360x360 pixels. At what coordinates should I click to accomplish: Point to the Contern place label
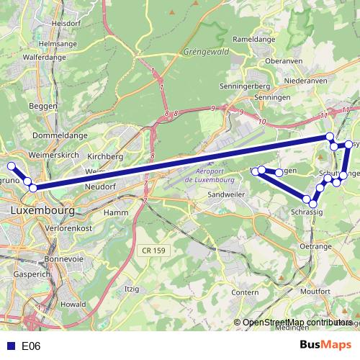tap(246, 292)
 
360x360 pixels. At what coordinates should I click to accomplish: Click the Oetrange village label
tap(315, 246)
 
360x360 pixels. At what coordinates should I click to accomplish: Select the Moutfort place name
tap(315, 291)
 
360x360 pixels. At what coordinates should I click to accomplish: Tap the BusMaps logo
tap(325, 346)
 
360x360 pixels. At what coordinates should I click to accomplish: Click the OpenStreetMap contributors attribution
tap(296, 323)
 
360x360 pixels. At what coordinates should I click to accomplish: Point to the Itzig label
tap(132, 288)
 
